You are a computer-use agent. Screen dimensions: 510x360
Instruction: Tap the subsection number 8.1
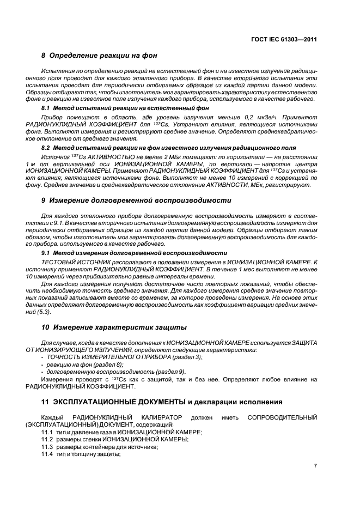coord(46,108)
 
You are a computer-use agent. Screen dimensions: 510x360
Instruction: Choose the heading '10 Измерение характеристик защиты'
coord(114,327)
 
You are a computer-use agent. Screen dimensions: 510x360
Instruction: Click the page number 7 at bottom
coord(315,466)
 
